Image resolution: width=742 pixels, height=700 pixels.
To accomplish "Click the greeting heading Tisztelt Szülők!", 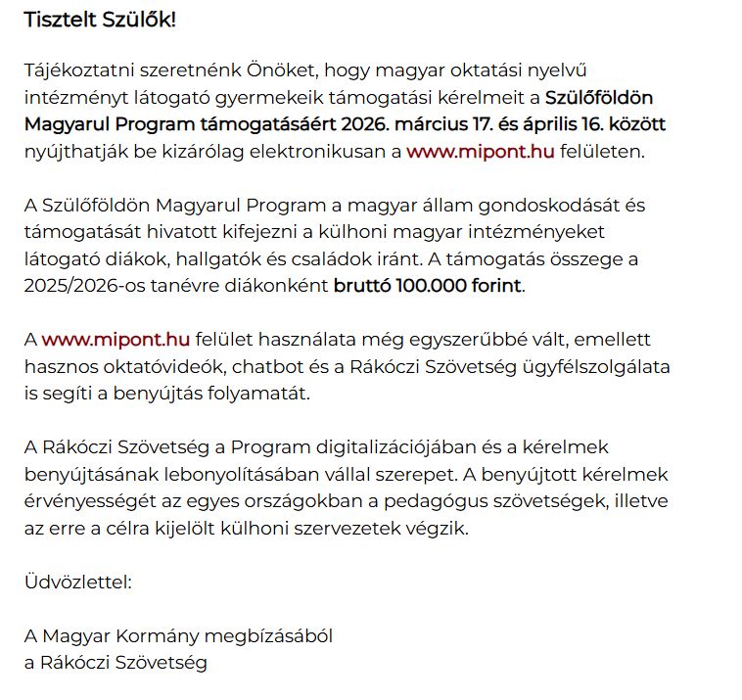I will tap(100, 20).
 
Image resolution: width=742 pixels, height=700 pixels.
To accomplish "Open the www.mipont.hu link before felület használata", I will tap(116, 340).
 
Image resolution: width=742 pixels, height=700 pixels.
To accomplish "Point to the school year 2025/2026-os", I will tap(81, 287).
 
